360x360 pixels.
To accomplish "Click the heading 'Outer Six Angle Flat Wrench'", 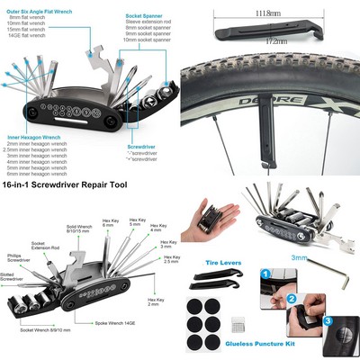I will [39, 4].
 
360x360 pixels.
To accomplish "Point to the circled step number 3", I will [327, 319].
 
